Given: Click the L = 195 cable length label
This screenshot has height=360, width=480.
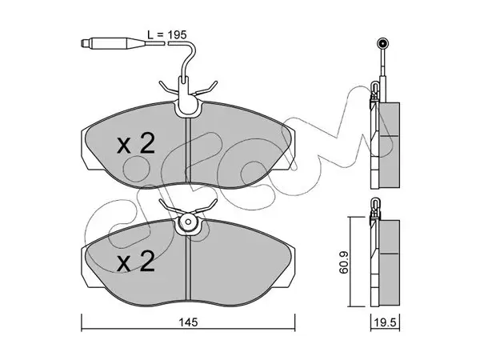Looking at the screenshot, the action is (166, 34).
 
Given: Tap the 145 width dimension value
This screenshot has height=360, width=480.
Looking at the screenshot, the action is (188, 322).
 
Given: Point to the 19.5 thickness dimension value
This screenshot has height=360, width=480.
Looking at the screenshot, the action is (385, 322).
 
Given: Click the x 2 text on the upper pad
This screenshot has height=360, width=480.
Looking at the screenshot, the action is (136, 144).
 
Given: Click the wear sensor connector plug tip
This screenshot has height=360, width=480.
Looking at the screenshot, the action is (83, 43).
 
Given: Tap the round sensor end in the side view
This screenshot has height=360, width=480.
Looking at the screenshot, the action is (382, 43).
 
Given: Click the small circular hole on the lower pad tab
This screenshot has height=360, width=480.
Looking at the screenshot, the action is (188, 222).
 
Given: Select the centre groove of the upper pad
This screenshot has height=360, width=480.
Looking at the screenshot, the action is (188, 151).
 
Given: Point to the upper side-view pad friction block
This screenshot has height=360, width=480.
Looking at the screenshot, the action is (390, 145).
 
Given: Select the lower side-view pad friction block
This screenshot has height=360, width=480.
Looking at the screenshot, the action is (390, 263).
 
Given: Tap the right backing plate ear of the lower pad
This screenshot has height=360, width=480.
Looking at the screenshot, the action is (291, 266).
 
